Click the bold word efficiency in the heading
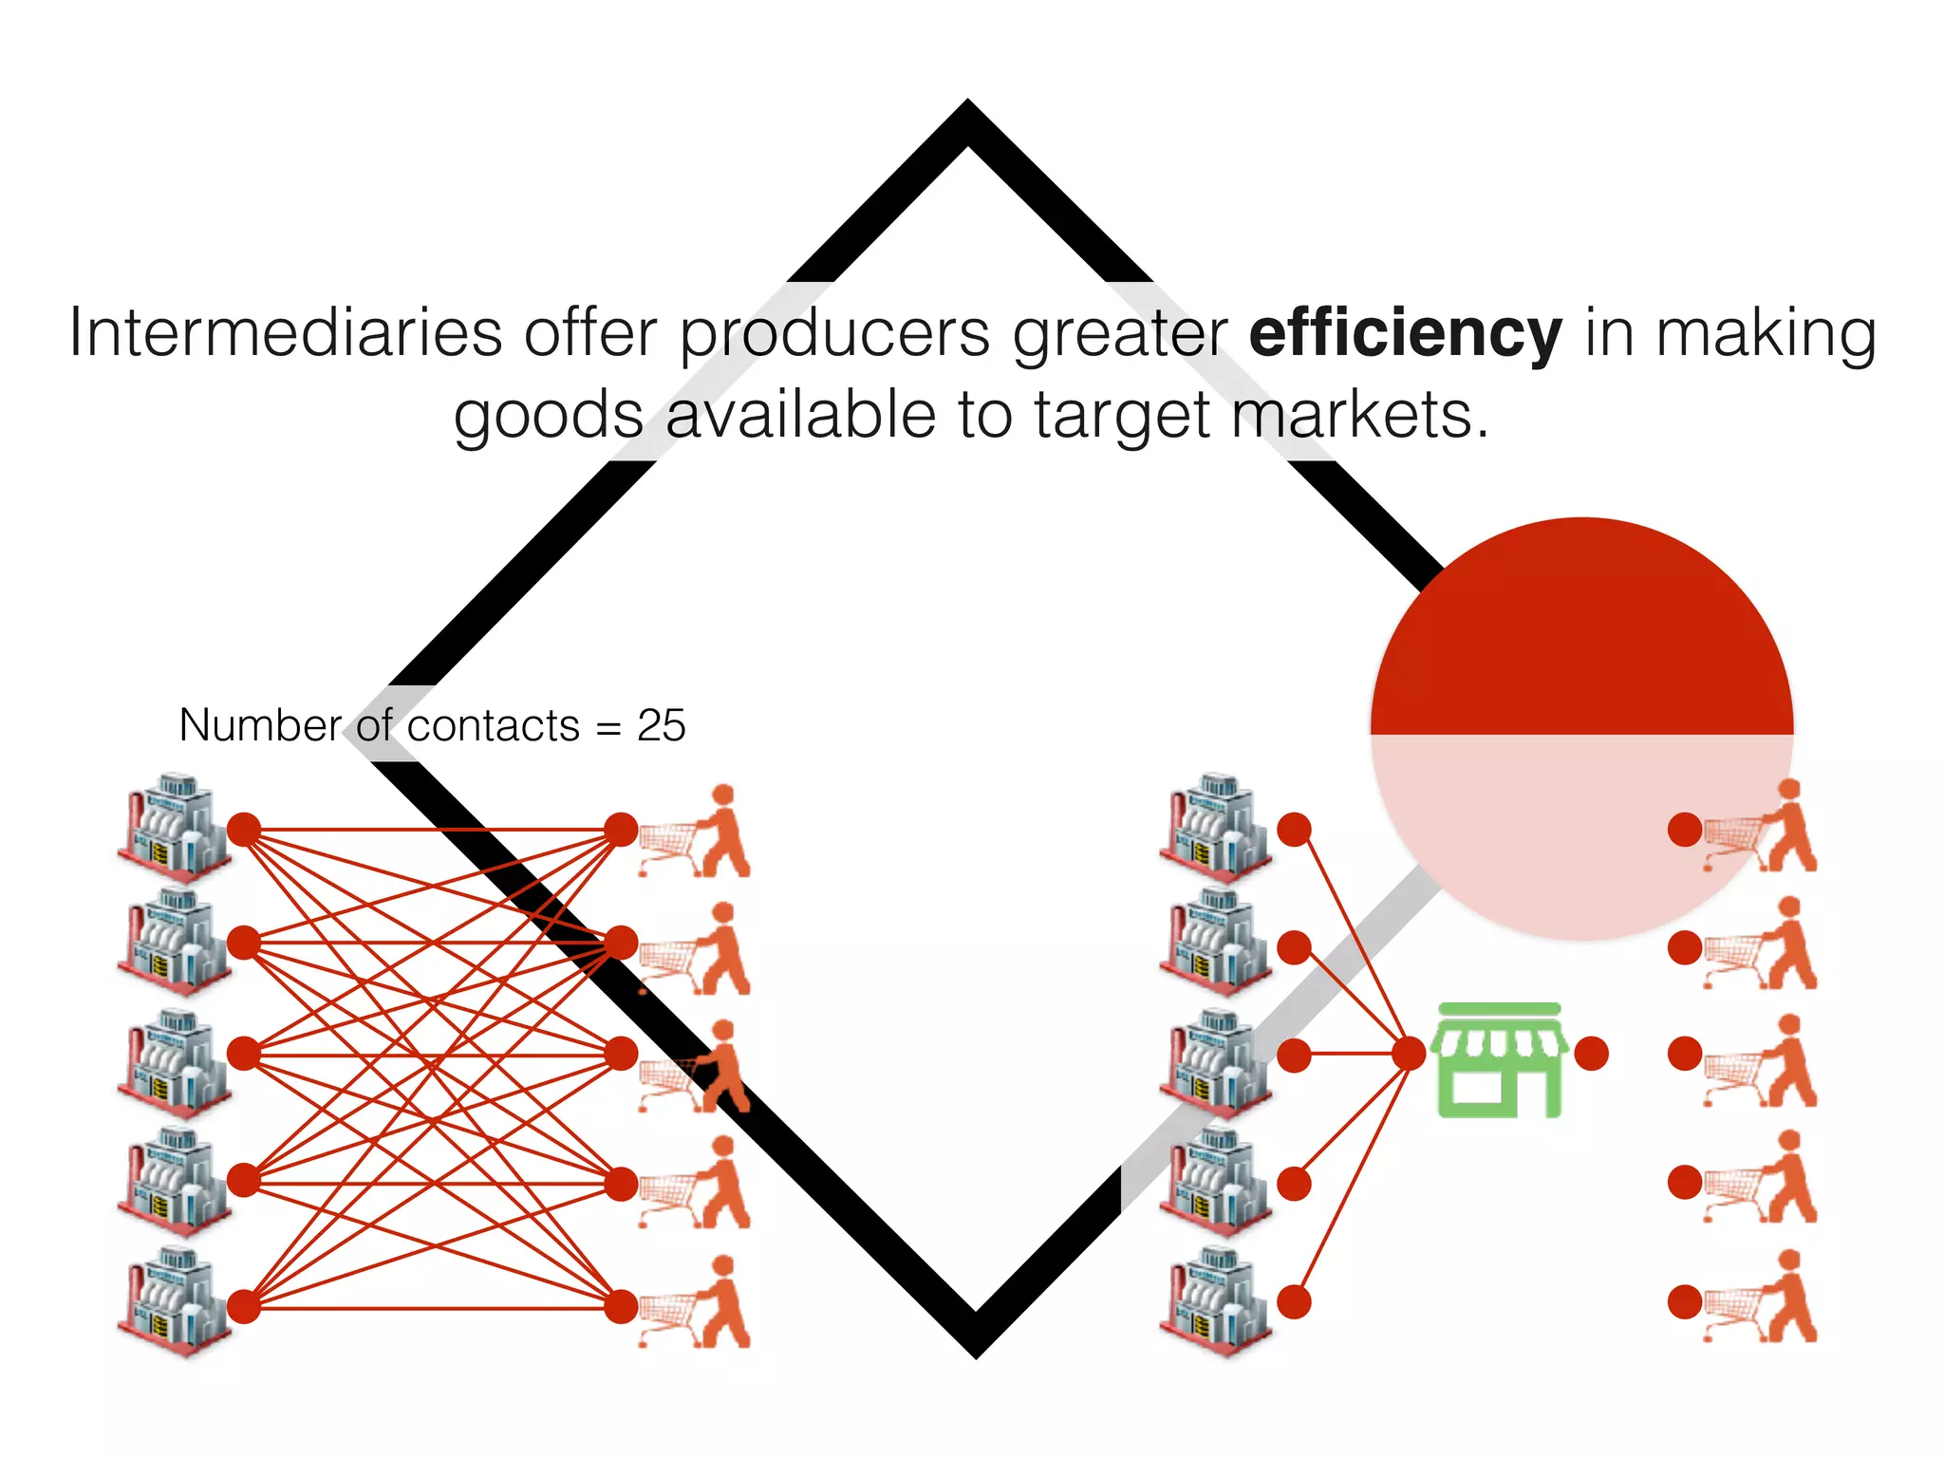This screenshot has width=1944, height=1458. [1405, 334]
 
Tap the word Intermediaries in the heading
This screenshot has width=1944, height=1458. [285, 334]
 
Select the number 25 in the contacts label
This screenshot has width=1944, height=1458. [661, 726]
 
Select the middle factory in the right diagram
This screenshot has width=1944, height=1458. [1215, 1061]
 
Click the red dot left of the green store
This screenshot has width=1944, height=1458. [1410, 1054]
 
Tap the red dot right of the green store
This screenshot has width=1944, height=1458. [1591, 1054]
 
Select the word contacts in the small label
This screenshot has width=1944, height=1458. [493, 726]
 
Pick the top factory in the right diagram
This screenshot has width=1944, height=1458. [1215, 826]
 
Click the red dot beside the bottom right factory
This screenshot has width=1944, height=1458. [1294, 1302]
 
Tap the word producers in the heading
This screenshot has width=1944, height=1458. [835, 334]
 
